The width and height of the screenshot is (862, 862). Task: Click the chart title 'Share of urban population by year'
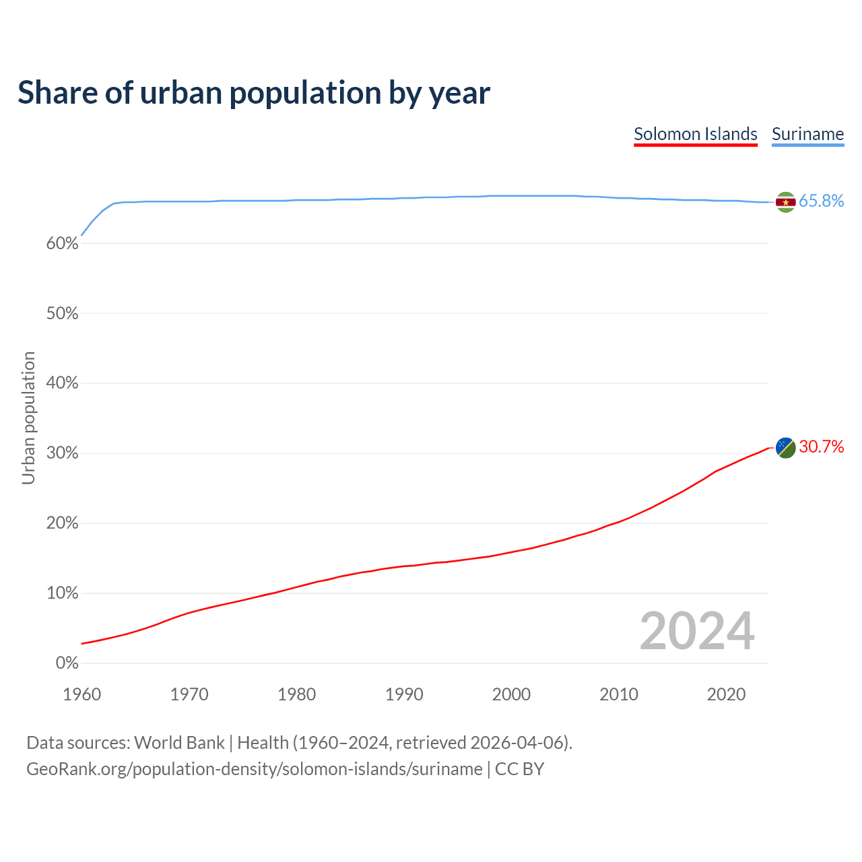click(x=254, y=93)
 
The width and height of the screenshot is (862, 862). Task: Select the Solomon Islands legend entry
click(x=696, y=134)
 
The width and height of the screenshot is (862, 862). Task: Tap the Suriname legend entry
click(x=807, y=134)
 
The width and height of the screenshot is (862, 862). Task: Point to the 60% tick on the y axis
click(x=63, y=244)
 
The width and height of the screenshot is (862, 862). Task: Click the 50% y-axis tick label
click(x=63, y=314)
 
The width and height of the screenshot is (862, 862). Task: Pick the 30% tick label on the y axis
click(x=63, y=453)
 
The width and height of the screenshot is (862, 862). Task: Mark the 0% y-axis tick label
click(x=67, y=663)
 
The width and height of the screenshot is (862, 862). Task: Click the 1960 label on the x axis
click(x=81, y=694)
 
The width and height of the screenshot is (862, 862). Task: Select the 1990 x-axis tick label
click(x=404, y=694)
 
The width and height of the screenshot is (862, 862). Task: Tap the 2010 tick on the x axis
click(x=619, y=694)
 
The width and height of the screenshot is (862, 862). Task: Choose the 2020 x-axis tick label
click(x=726, y=694)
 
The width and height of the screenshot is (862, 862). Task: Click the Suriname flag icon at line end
click(x=786, y=202)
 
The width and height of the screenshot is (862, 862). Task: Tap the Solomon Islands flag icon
click(x=786, y=448)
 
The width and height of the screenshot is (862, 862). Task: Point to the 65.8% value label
click(x=822, y=201)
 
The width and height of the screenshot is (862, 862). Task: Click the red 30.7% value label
click(x=822, y=447)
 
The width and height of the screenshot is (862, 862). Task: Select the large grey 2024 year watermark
click(x=697, y=632)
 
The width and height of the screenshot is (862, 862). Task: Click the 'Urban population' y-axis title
click(x=28, y=418)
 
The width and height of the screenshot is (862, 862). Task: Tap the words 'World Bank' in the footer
click(x=179, y=743)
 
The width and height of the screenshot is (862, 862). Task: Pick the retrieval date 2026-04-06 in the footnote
click(x=517, y=743)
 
